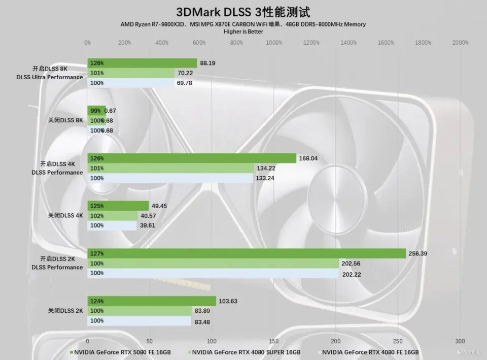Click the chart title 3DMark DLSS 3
coord(243,12)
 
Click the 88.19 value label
coord(208,63)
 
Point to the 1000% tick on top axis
coord(274,43)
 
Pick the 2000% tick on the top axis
coord(460,43)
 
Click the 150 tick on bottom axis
coord(274,341)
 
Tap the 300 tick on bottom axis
coord(460,341)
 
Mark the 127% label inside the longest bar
coord(97,253)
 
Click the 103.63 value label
coord(228,301)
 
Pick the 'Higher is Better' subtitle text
coord(243,31)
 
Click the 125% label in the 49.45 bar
coord(97,206)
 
